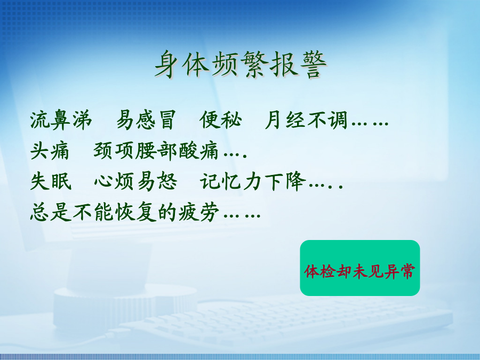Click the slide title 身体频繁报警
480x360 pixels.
pos(241,65)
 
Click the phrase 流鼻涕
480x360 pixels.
pos(61,120)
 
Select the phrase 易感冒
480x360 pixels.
pos(146,120)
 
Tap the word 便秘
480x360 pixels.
pos(221,120)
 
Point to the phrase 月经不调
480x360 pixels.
pos(306,120)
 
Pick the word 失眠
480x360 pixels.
pos(51,181)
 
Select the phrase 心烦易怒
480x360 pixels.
pos(135,181)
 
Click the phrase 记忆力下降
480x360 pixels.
pos(253,181)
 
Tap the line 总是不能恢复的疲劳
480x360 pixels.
pos(125,212)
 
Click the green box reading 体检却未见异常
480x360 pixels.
pos(359,268)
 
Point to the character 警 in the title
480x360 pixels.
pos(313,65)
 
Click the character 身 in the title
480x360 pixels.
pos(169,65)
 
